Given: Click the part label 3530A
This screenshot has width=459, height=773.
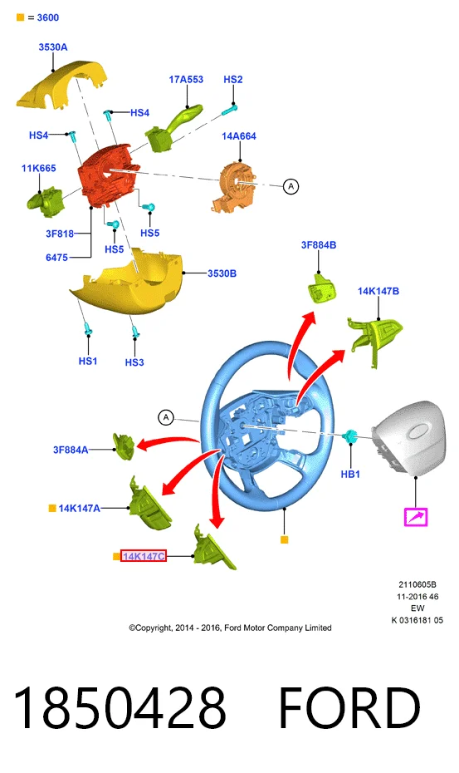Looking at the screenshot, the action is click(53, 47).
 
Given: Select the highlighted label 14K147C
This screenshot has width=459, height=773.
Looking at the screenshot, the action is click(144, 556).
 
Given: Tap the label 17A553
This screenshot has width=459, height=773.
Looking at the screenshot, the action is click(186, 79).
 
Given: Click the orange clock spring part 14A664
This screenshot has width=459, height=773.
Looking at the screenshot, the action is click(234, 187).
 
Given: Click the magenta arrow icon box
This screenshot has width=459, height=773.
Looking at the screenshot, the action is click(415, 517).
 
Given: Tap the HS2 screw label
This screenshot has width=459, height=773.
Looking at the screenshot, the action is click(233, 79).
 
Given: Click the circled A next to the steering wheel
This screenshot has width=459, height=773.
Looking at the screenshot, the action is click(166, 417).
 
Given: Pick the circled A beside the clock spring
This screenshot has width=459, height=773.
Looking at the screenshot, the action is click(291, 186).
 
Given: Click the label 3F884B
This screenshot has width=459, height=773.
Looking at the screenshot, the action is click(319, 245).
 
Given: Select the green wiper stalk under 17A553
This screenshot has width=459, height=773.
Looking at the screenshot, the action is click(173, 128).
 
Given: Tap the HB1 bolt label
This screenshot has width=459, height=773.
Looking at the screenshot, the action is click(350, 475).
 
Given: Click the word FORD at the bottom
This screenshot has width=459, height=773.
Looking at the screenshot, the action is click(349, 708).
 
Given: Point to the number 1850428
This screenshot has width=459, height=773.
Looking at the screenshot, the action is click(120, 708).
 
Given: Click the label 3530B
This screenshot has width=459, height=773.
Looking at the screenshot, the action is click(222, 273).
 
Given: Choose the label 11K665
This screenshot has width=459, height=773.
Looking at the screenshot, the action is click(38, 168).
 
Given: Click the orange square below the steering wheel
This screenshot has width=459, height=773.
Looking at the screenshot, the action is click(284, 539).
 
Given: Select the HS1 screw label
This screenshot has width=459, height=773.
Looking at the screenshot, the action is click(88, 362).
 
